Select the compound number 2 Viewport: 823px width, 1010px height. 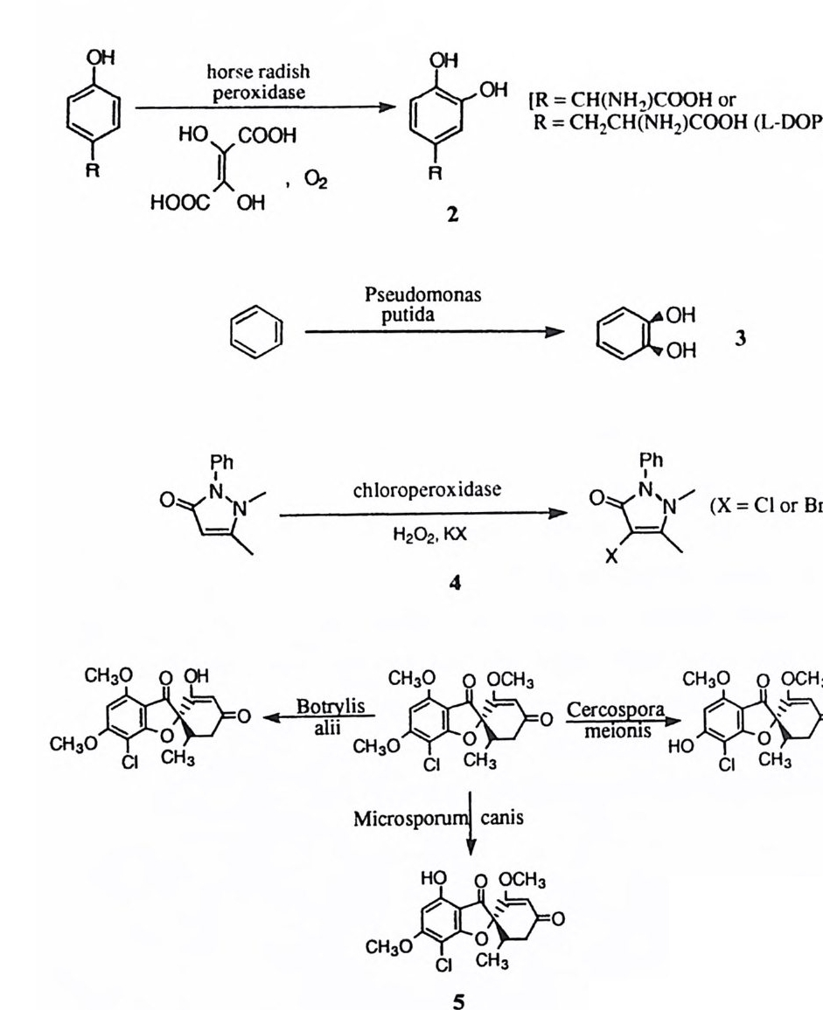[452, 214]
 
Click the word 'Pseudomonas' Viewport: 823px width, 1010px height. [423, 297]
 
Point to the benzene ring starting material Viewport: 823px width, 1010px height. [256, 333]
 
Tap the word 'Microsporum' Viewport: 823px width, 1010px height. [407, 819]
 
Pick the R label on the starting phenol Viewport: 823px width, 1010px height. [90, 171]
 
